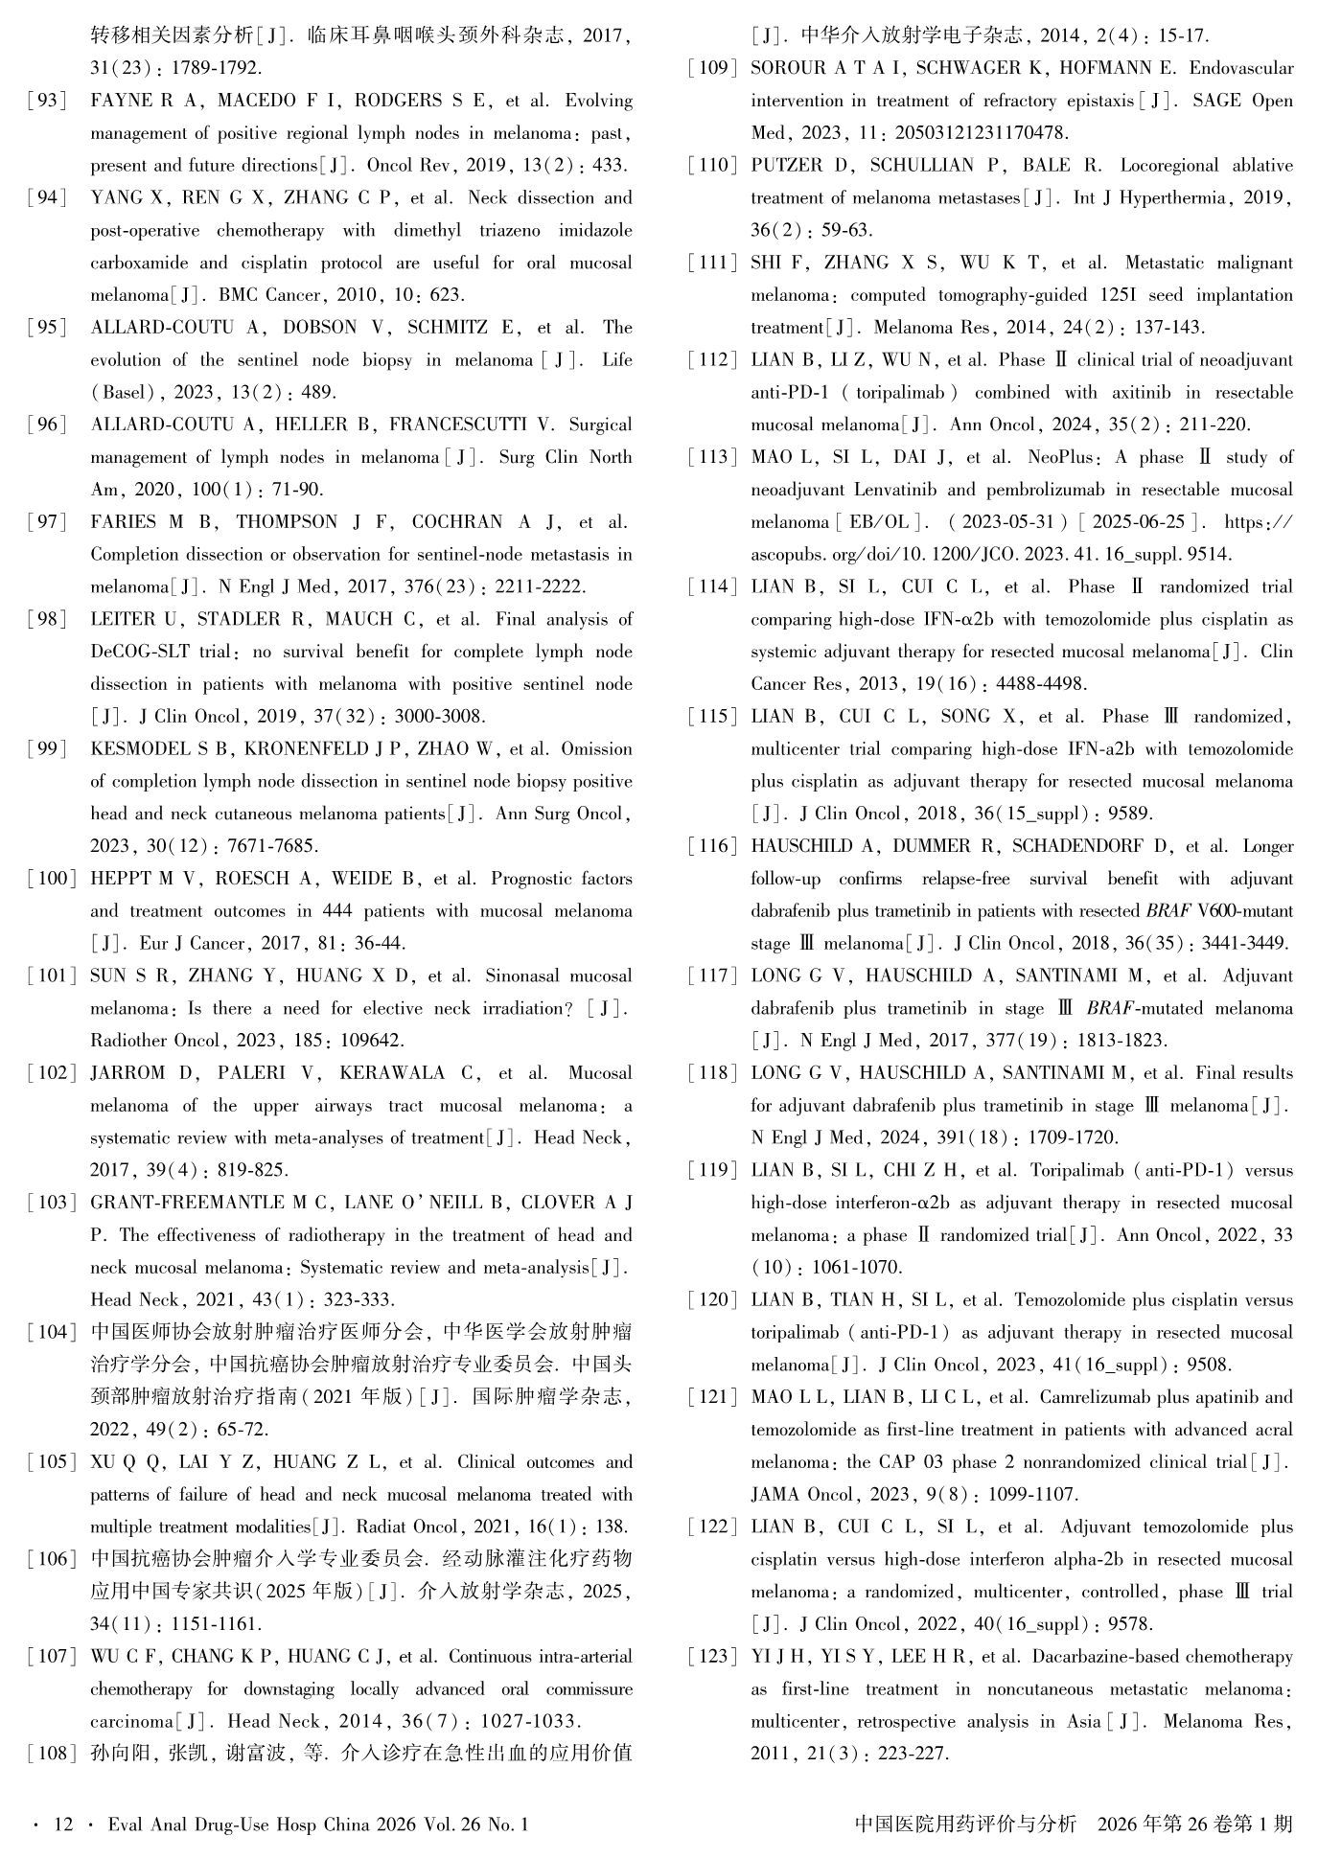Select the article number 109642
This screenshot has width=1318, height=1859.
click(371, 1041)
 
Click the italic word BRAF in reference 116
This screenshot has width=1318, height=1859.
click(1168, 911)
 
